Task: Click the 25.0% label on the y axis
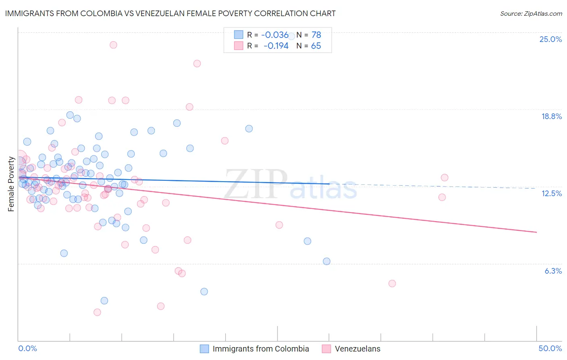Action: pos(550,39)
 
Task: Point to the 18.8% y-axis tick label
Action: pos(551,116)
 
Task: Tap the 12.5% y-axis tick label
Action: pos(551,193)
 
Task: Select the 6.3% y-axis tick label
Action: pos(553,271)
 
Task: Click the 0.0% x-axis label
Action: pos(27,348)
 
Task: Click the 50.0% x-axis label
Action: pos(550,348)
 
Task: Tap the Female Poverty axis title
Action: pos(11,184)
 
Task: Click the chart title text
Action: pos(170,13)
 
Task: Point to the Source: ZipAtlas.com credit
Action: pos(531,13)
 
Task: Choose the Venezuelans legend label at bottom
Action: pos(357,349)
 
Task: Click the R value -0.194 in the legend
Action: pos(276,46)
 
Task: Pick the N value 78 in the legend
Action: pos(316,35)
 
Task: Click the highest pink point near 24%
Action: pos(113,45)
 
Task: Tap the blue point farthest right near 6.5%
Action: pos(327,261)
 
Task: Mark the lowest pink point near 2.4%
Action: pos(97,312)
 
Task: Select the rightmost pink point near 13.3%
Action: pos(444,178)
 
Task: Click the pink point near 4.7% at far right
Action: pos(392,283)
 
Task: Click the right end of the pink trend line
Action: pos(536,232)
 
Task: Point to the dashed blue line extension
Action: pos(436,186)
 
